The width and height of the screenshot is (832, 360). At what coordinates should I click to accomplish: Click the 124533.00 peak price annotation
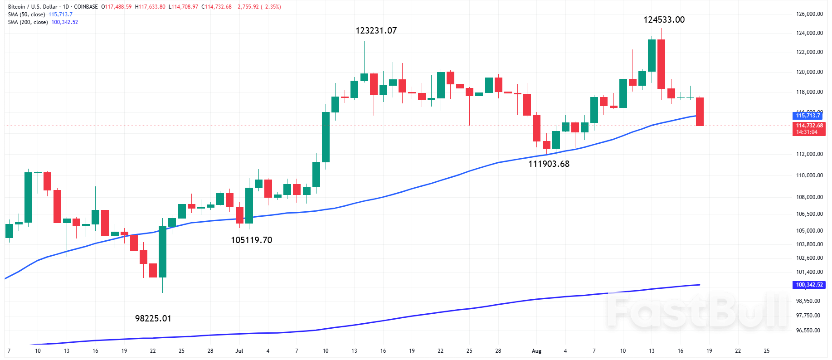tap(664, 19)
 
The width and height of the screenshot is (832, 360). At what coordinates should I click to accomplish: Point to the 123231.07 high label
tap(376, 30)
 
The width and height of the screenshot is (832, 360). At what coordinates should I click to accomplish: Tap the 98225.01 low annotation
tap(153, 318)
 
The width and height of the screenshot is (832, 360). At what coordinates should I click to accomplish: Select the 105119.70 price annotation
tap(252, 240)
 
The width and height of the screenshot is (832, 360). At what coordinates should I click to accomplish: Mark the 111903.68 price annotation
tap(549, 164)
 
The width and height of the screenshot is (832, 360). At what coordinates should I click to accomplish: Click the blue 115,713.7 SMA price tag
tap(808, 116)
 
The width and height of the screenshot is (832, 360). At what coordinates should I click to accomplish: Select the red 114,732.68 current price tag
tap(809, 126)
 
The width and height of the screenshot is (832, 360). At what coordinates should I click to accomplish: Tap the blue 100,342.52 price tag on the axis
tap(809, 285)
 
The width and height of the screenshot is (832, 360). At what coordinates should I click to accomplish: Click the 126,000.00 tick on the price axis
tap(809, 14)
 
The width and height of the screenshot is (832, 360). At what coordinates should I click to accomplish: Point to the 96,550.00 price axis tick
tap(808, 331)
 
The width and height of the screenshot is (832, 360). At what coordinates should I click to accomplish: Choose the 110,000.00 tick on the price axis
tap(809, 175)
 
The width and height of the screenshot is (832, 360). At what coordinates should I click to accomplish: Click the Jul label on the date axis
tap(239, 351)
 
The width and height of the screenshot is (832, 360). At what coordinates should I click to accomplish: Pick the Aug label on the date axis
tap(536, 351)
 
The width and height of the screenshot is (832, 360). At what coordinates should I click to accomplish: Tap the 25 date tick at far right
tap(767, 351)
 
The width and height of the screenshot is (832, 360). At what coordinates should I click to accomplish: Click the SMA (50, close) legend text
tap(26, 15)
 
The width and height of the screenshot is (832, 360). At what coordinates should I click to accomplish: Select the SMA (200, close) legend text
tap(28, 22)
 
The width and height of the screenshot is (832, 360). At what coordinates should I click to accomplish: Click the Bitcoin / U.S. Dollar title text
tap(33, 7)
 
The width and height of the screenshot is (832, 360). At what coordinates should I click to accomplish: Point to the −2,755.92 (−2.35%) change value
tap(258, 7)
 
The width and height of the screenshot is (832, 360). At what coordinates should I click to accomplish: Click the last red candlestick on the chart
tap(700, 112)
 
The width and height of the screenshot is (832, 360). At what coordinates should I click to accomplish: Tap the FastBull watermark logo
tap(698, 310)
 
